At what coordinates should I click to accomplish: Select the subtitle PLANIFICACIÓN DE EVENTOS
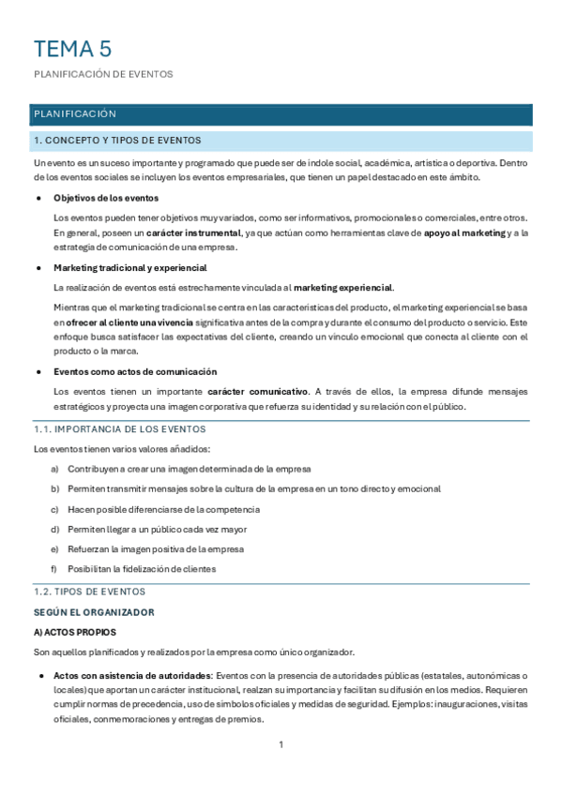pyautogui.click(x=103, y=75)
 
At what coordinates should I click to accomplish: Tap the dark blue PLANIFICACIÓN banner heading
pyautogui.click(x=75, y=114)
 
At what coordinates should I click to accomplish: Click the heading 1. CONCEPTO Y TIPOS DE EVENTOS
pyautogui.click(x=117, y=141)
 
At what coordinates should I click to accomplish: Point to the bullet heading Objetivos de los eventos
pyautogui.click(x=106, y=198)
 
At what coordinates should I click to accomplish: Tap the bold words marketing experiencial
pyautogui.click(x=343, y=288)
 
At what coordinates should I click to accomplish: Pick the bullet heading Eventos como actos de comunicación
pyautogui.click(x=135, y=371)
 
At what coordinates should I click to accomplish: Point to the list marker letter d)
pyautogui.click(x=54, y=529)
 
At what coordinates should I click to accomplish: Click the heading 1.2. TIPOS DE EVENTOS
pyautogui.click(x=89, y=592)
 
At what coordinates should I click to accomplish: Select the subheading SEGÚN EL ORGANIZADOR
pyautogui.click(x=93, y=612)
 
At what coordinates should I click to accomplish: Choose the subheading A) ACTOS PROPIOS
pyautogui.click(x=72, y=633)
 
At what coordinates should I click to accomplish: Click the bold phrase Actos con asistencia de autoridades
pyautogui.click(x=133, y=675)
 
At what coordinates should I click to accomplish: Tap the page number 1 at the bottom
pyautogui.click(x=281, y=745)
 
